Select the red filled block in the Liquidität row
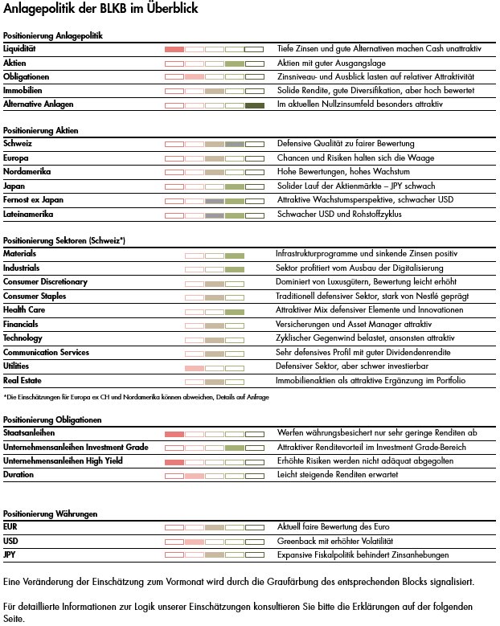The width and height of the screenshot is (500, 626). point(174,49)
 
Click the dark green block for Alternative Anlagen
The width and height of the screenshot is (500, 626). point(254,105)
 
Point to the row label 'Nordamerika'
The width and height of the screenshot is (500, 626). point(26,172)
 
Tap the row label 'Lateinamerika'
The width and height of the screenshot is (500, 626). point(28,215)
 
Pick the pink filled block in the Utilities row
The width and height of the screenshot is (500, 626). point(195,367)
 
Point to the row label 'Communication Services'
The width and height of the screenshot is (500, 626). point(46,353)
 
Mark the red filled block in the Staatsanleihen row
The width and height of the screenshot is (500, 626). point(174,434)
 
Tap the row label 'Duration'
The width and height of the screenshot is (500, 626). point(19,476)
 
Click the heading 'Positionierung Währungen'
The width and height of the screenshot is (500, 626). point(50,513)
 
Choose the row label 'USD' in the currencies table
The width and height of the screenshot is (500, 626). point(11,542)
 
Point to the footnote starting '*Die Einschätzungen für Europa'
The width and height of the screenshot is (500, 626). point(135,397)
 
